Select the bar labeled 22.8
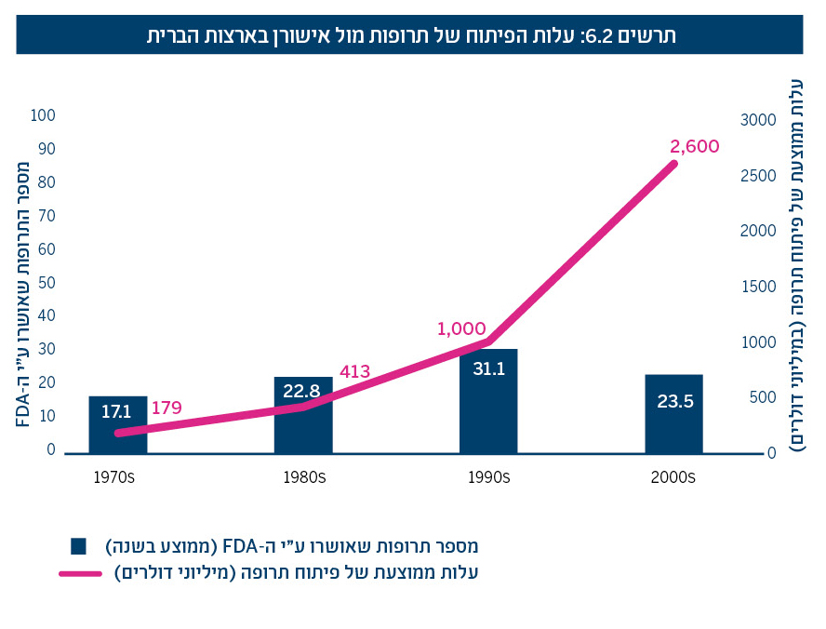(x=303, y=415)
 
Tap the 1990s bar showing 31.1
(x=488, y=401)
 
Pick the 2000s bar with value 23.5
(x=673, y=414)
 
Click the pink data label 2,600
(x=694, y=146)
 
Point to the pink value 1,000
(x=461, y=328)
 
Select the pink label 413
(x=355, y=372)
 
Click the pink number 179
(x=167, y=408)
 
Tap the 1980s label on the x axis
(x=303, y=477)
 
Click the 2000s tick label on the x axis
(x=673, y=477)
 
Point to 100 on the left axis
(x=44, y=115)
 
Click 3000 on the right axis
(x=757, y=120)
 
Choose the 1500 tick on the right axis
(x=757, y=287)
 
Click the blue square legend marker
(x=78, y=545)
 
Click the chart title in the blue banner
(x=411, y=36)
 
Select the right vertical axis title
(x=800, y=265)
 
